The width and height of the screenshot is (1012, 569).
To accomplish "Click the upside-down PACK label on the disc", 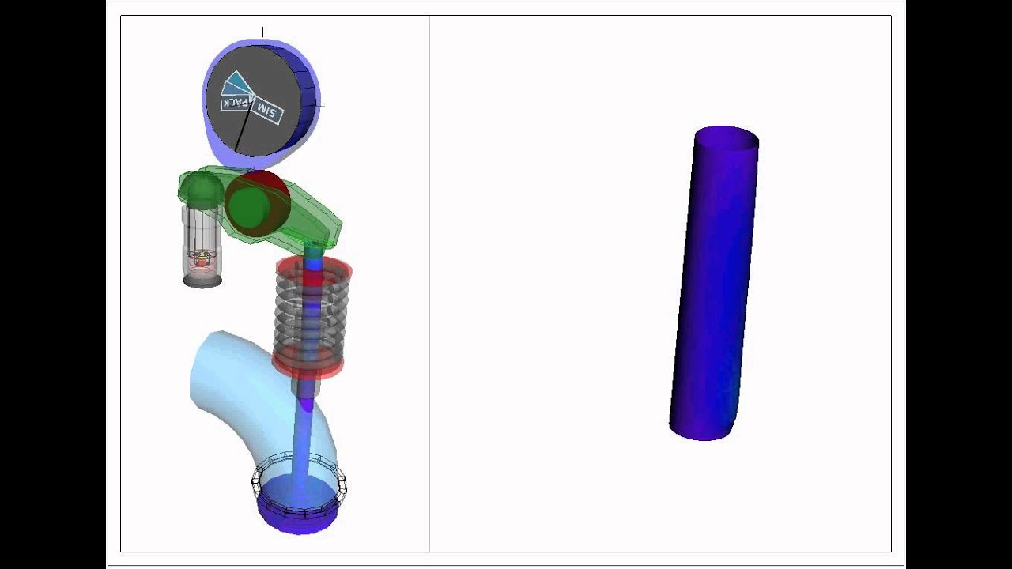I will pos(236,104).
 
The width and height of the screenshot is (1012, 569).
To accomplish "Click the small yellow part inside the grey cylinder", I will pos(202,257).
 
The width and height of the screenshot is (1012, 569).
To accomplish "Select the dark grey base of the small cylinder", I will pos(202,281).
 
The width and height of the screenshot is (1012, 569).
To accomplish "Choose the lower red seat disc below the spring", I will pos(308,365).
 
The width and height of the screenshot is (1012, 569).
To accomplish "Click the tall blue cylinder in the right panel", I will pos(714,284).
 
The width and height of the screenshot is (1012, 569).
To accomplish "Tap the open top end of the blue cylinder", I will pos(727,138).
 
